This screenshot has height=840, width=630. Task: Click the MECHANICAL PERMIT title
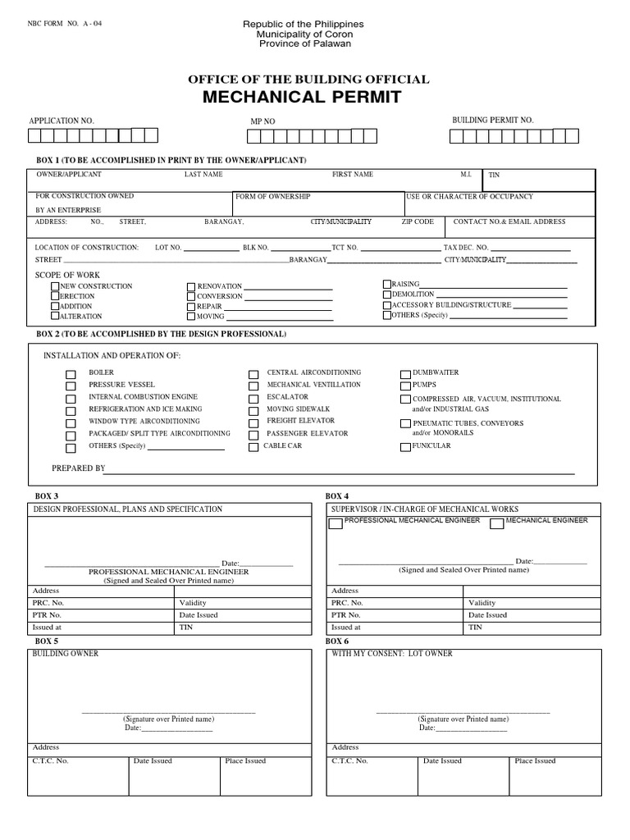coord(308,98)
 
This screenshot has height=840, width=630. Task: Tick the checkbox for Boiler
coord(71,373)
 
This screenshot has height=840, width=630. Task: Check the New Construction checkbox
coord(55,286)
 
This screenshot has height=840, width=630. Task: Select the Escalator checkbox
coord(253,398)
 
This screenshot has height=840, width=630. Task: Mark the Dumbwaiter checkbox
coord(405,373)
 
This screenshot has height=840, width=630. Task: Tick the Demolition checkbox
coord(387,294)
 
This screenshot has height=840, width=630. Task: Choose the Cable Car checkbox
coord(253,447)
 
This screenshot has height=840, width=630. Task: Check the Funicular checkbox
coord(405,447)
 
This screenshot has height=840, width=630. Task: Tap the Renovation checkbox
coord(191,287)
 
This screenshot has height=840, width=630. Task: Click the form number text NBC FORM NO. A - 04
coord(66,23)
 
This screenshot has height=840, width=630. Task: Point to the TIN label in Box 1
coord(494,175)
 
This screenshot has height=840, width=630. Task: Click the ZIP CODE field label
coord(418,221)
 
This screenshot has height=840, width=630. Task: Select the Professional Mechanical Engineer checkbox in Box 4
coord(336,523)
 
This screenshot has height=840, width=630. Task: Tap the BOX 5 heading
coord(46,641)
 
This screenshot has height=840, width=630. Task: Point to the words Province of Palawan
coord(304,43)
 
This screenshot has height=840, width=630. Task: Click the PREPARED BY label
coord(79,468)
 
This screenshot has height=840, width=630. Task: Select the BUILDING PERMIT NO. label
coord(493,120)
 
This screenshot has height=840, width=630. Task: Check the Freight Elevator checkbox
coord(253,422)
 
